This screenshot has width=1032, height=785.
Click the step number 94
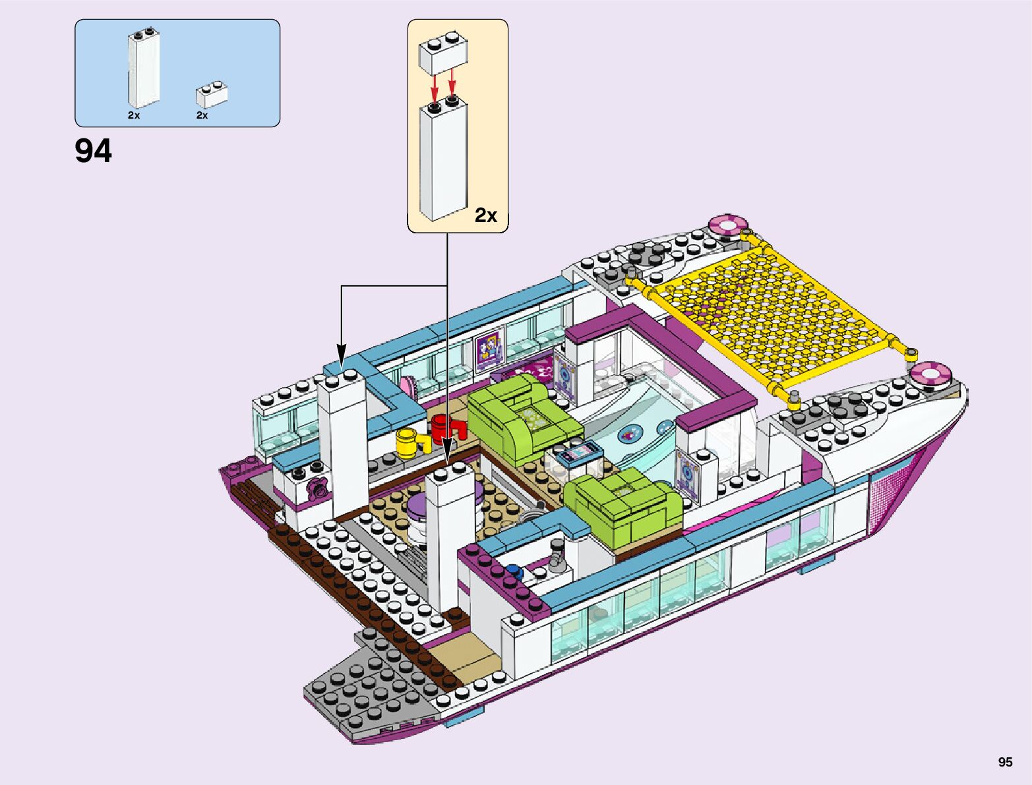click(93, 152)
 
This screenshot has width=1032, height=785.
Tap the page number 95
click(1005, 763)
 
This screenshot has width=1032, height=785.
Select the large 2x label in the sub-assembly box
click(486, 216)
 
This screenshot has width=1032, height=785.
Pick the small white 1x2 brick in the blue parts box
click(212, 95)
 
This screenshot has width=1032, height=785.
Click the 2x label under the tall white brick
click(134, 115)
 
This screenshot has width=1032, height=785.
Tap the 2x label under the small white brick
click(202, 115)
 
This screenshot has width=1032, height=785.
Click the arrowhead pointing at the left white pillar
click(341, 353)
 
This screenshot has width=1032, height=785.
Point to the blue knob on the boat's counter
click(514, 570)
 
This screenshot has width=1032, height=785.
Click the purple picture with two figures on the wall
click(489, 351)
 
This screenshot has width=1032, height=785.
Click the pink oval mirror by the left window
click(409, 385)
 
